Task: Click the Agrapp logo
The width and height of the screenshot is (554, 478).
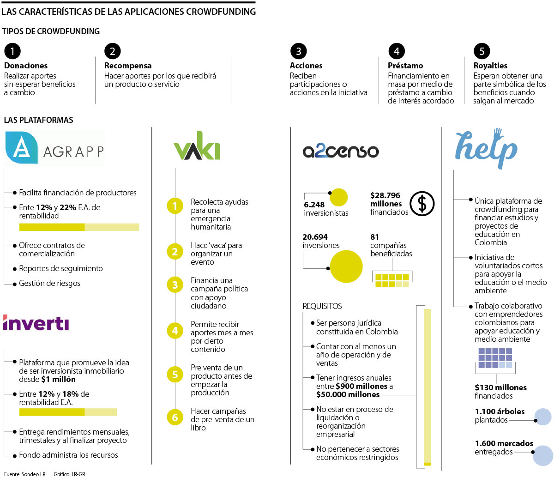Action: (54, 148)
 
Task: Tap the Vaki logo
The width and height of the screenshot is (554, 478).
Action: (197, 149)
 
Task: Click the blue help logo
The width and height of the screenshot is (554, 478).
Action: (486, 147)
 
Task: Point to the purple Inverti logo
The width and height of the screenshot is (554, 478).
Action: (36, 323)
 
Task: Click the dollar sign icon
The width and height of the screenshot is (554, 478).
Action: (422, 204)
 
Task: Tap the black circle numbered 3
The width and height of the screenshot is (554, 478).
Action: (299, 51)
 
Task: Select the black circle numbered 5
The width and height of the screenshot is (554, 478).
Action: (482, 51)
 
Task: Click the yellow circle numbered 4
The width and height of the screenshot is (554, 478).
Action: (175, 331)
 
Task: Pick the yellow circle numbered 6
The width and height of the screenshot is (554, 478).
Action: (175, 417)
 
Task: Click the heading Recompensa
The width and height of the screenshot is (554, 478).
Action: (128, 66)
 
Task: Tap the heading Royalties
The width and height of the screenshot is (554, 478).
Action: (490, 66)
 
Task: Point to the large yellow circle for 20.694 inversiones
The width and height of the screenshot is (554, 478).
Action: (346, 266)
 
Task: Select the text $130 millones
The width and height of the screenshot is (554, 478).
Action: (500, 387)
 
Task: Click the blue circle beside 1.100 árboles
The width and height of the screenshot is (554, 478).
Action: (542, 417)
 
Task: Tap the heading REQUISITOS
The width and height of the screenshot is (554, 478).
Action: (322, 306)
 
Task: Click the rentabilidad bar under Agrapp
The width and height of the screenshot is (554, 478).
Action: (79, 227)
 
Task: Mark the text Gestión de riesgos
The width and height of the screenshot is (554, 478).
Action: (49, 283)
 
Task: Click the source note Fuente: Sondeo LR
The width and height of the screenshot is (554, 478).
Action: (24, 474)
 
